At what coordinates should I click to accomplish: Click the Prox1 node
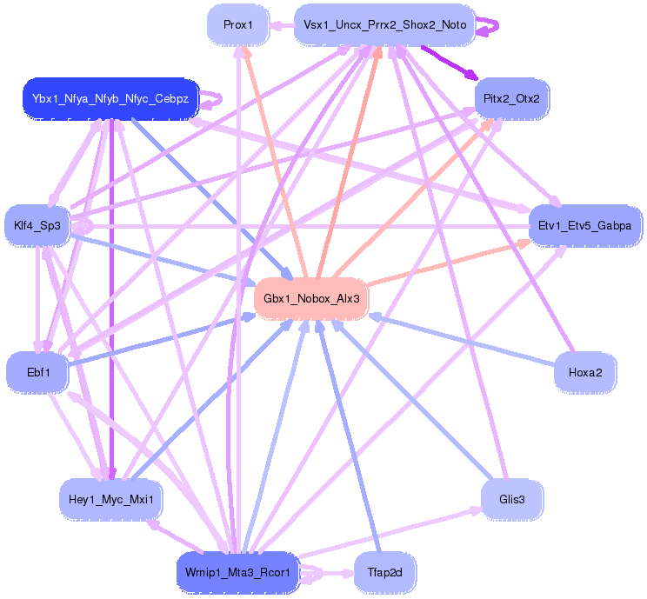(x=237, y=25)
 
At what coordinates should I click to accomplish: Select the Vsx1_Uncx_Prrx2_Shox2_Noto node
(x=384, y=25)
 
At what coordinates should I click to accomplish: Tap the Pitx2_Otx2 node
(x=511, y=98)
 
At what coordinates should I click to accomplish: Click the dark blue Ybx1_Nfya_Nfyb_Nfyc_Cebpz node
(x=110, y=98)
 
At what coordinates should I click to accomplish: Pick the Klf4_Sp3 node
(x=37, y=226)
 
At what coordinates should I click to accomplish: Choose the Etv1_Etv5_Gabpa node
(x=585, y=226)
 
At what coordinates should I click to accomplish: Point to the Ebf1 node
(x=37, y=372)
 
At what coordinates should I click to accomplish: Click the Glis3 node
(x=511, y=499)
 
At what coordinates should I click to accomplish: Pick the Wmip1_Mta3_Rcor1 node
(x=237, y=573)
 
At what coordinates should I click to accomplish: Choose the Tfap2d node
(x=384, y=573)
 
